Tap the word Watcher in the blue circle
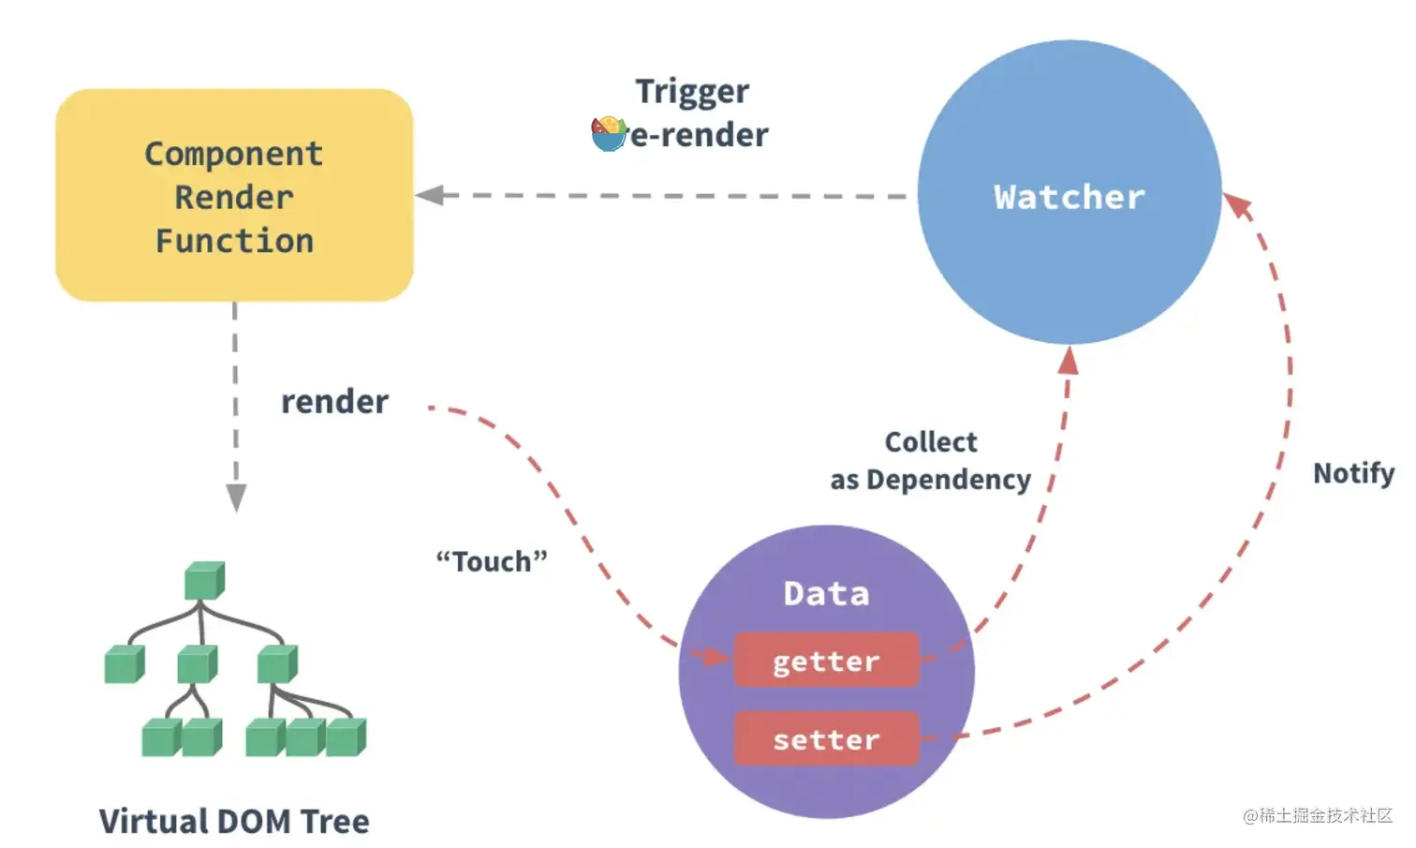(x=1069, y=198)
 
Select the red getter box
(x=826, y=661)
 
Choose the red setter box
(x=826, y=739)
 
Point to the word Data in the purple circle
(x=826, y=593)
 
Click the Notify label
(x=1353, y=473)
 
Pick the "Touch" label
(x=492, y=561)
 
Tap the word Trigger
(x=692, y=92)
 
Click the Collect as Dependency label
(x=930, y=461)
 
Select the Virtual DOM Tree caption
(x=234, y=822)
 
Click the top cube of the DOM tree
(x=204, y=581)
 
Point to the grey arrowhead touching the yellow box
(x=430, y=195)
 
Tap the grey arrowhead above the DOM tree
(x=236, y=498)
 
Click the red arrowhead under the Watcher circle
(x=1069, y=360)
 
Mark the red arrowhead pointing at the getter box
(x=715, y=657)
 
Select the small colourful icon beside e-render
(x=609, y=134)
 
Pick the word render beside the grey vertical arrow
(x=334, y=402)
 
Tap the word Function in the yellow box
(x=234, y=241)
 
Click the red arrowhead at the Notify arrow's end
(x=1238, y=205)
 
